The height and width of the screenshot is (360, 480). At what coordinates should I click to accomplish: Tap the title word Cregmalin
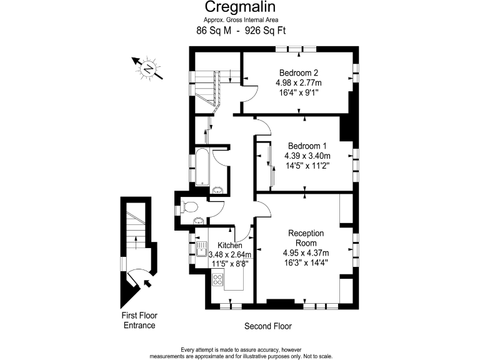(241, 7)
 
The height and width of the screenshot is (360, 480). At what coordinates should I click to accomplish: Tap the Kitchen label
(229, 246)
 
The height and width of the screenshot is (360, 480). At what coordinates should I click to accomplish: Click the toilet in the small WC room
(189, 207)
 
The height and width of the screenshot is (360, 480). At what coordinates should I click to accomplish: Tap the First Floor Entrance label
(138, 321)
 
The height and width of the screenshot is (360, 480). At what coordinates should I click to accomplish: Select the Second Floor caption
(267, 326)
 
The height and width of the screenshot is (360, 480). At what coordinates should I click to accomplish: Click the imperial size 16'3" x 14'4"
(306, 262)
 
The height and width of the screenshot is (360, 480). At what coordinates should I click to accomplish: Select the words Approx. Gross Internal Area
(240, 19)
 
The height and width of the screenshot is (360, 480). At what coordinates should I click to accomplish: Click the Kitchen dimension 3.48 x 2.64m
(230, 254)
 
